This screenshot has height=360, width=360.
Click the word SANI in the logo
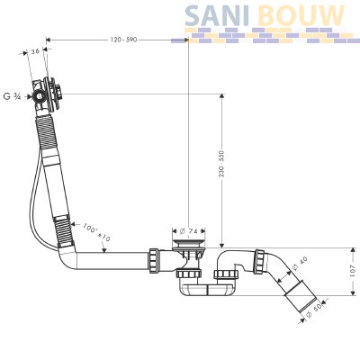[x=217, y=15]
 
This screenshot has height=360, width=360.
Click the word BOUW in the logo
[x=301, y=15]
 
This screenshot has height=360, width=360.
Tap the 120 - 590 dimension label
[x=123, y=40]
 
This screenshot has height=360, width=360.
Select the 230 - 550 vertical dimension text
[x=221, y=164]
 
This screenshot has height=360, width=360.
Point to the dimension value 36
[x=35, y=51]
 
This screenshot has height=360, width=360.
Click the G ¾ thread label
[x=12, y=96]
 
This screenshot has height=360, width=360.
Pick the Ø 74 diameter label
[x=188, y=231]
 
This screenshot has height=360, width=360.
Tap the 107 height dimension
[x=352, y=271]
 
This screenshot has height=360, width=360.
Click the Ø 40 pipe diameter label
[x=300, y=264]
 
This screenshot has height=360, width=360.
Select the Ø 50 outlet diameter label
[x=314, y=310]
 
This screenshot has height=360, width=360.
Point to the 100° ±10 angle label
[x=96, y=232]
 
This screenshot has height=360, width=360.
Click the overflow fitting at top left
[x=48, y=94]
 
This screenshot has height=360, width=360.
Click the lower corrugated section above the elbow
[x=63, y=230]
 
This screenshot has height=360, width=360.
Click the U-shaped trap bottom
[x=207, y=289]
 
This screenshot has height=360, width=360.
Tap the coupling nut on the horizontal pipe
[x=154, y=260]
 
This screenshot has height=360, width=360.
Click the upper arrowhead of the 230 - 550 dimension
[x=221, y=96]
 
